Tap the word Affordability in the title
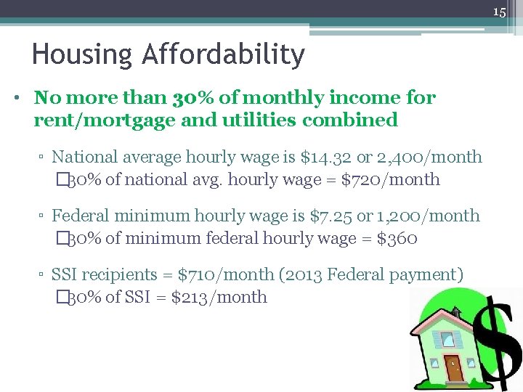coord(224,55)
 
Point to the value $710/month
coord(228,275)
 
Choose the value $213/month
coord(219,297)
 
